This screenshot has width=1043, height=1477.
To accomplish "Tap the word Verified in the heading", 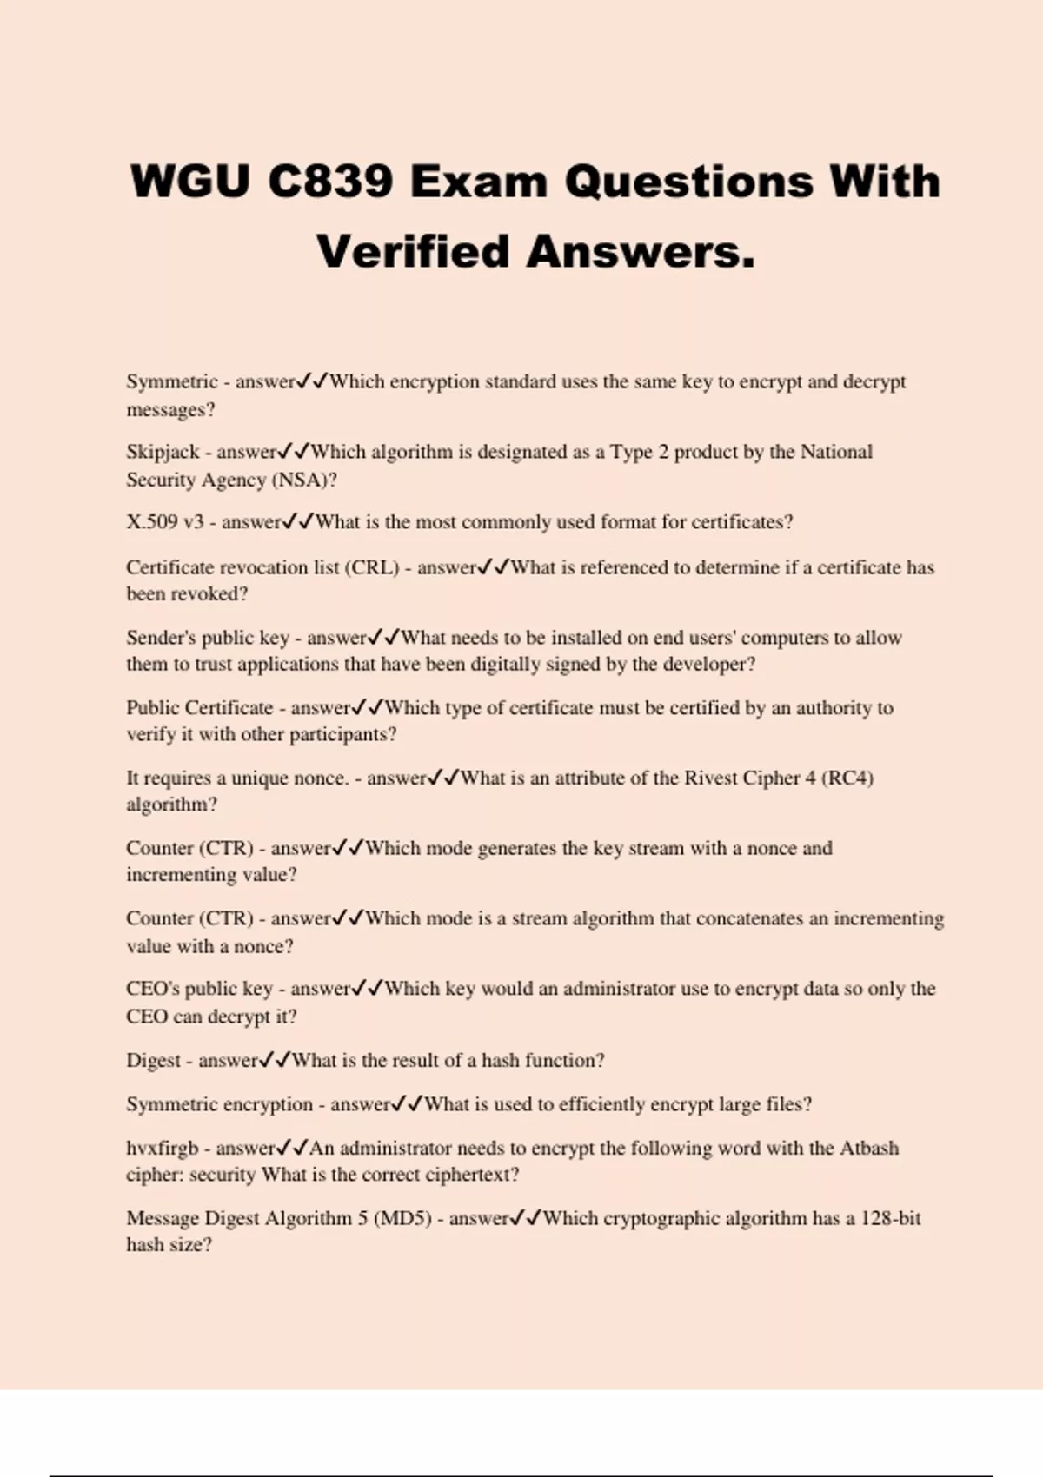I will tap(413, 253).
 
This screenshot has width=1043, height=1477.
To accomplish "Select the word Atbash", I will tap(868, 1148).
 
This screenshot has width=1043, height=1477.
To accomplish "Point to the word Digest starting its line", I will tap(153, 1061).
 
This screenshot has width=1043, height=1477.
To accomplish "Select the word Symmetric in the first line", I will tap(172, 381).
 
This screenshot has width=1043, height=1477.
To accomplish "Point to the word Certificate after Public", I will tap(229, 708).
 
